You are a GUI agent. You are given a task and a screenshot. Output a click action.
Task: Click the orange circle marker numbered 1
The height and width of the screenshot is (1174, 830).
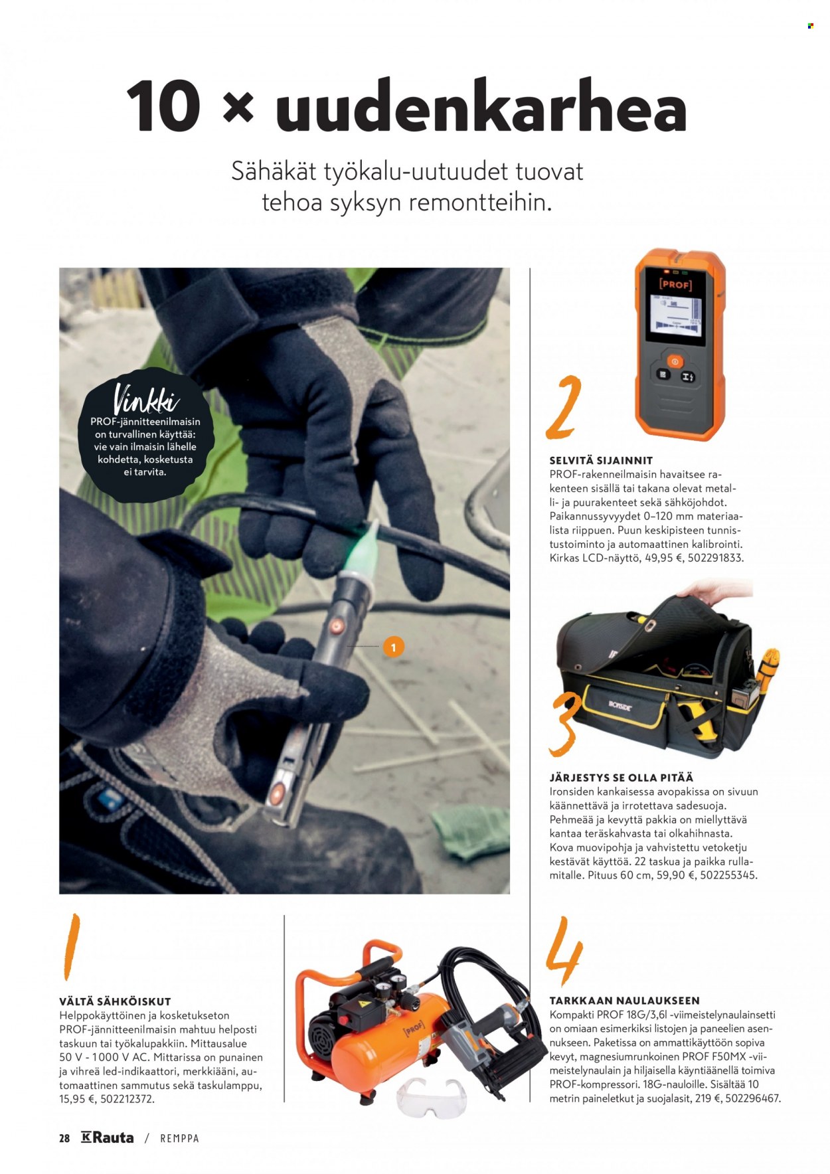(394, 647)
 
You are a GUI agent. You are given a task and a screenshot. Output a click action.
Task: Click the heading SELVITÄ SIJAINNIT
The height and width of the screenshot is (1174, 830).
(601, 460)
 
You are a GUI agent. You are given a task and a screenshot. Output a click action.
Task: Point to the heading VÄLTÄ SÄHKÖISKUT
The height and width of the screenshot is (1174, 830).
(115, 1001)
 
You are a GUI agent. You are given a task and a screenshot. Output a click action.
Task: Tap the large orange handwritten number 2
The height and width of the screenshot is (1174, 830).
(563, 406)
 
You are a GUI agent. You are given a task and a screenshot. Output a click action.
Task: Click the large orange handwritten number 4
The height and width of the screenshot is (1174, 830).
(564, 952)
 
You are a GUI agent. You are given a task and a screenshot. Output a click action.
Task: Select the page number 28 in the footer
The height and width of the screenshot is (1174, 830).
(64, 1138)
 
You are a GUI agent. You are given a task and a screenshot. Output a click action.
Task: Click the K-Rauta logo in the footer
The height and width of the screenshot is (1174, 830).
(107, 1137)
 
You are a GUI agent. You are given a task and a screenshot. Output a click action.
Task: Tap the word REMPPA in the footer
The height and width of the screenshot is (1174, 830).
(179, 1138)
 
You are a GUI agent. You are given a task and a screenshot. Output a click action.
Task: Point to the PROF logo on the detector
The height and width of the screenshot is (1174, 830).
(675, 284)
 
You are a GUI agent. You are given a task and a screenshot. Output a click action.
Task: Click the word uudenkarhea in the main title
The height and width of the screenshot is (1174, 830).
(480, 106)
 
